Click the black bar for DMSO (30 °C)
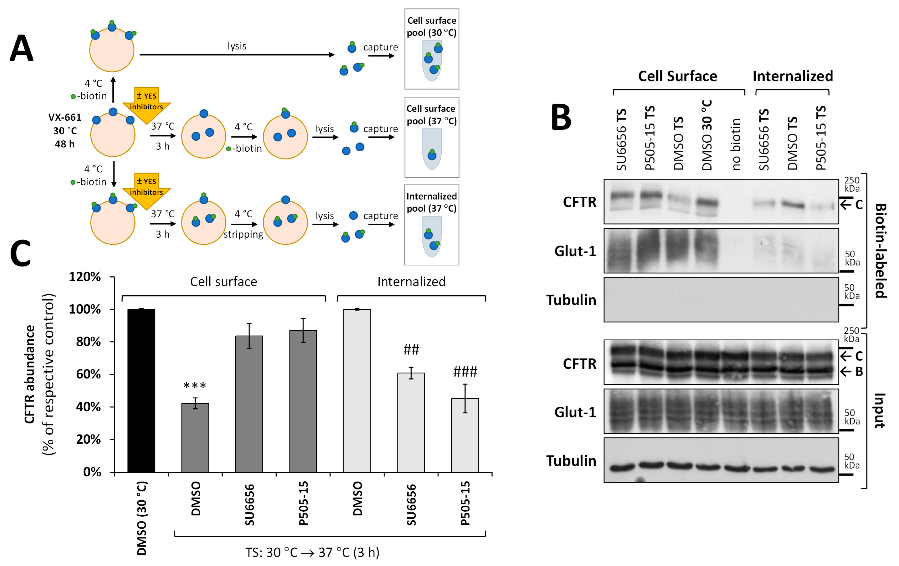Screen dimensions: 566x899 [x=141, y=390]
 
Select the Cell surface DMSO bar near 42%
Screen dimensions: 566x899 [x=195, y=437]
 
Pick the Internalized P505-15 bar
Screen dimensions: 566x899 [x=465, y=435]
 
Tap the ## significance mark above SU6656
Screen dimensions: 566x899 [x=411, y=350]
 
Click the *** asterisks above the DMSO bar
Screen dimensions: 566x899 [x=195, y=385]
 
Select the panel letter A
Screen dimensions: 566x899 [x=22, y=49]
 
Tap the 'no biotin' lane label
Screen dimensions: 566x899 [x=735, y=144]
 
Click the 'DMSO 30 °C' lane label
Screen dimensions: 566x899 [x=707, y=135]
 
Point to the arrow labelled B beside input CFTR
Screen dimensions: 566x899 [x=851, y=371]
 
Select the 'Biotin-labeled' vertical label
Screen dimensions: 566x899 [x=880, y=250]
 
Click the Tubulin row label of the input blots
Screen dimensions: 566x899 [x=571, y=461]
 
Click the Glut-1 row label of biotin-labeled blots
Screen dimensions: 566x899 [x=575, y=251]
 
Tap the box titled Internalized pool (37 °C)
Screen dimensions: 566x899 [x=432, y=225]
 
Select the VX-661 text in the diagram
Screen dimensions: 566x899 [x=65, y=117]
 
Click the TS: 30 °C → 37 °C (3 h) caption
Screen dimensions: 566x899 [x=312, y=552]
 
